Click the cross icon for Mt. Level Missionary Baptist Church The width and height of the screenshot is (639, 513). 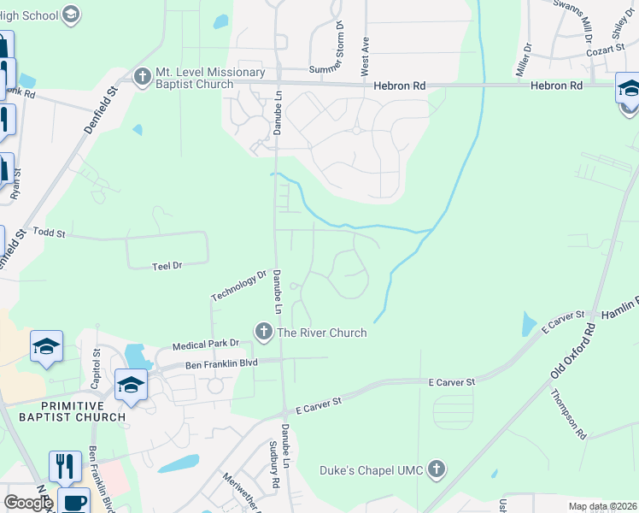click(x=142, y=76)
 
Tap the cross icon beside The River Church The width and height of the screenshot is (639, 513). click(x=264, y=332)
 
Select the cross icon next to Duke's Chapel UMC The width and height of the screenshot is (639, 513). click(x=437, y=469)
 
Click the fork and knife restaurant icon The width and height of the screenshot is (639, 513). click(x=65, y=467)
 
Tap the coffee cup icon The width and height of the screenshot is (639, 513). click(x=73, y=502)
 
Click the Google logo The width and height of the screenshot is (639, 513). click(x=28, y=503)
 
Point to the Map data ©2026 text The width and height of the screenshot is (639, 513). click(x=601, y=506)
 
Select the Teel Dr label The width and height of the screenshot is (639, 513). click(x=167, y=266)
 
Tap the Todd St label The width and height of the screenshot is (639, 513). click(x=49, y=233)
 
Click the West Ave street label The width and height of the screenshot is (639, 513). click(x=365, y=52)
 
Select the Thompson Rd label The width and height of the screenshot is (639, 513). click(x=569, y=414)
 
